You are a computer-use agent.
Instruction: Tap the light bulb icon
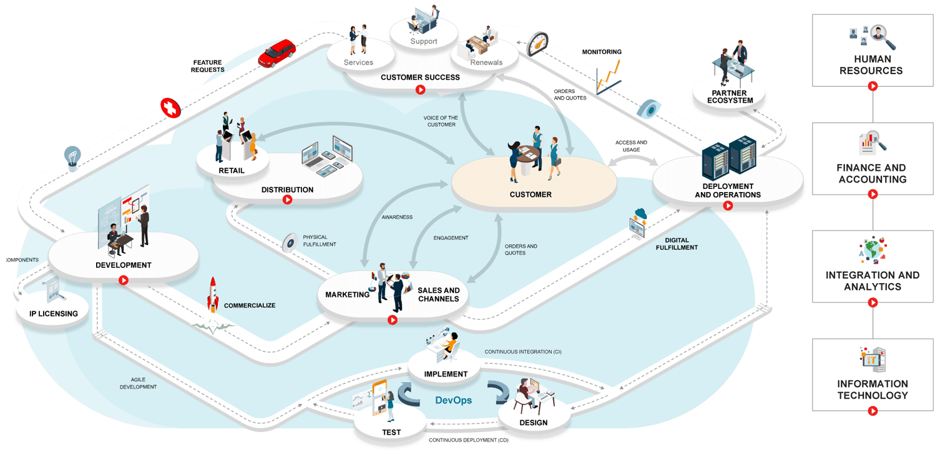tap(73, 157)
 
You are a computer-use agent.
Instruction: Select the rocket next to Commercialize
tap(213, 295)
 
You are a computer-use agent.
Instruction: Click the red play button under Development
tap(124, 281)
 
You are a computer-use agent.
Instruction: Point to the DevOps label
tap(453, 400)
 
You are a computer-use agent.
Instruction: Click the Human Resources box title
tap(871, 65)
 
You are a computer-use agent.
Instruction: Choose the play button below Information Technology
tap(873, 410)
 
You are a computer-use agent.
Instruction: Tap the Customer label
tap(531, 195)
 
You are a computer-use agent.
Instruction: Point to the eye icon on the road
tap(650, 108)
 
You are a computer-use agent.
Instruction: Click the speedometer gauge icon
tap(537, 44)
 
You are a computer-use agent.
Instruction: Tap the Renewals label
tap(486, 62)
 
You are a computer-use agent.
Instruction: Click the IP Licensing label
tap(54, 314)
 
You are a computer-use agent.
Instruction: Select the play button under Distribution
tap(287, 200)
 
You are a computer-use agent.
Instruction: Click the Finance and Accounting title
tap(871, 173)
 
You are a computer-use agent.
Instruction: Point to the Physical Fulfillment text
tap(320, 241)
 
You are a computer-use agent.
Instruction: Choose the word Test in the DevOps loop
tap(391, 432)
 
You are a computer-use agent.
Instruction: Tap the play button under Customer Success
tap(421, 90)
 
